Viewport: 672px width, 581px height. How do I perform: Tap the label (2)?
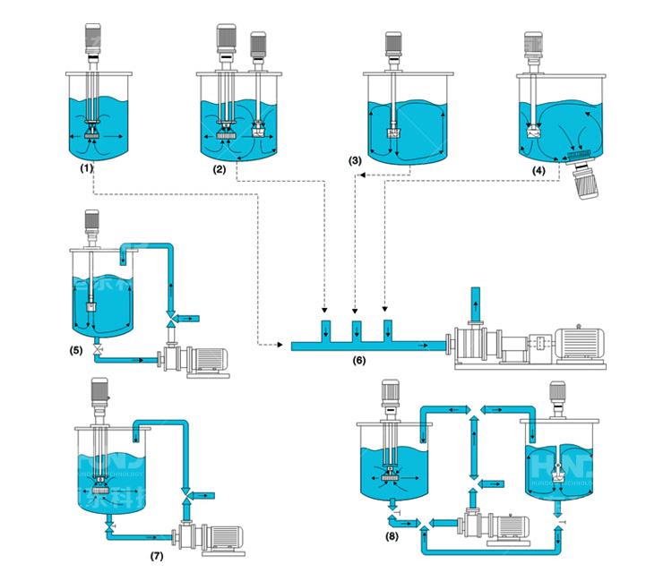pos(220,167)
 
